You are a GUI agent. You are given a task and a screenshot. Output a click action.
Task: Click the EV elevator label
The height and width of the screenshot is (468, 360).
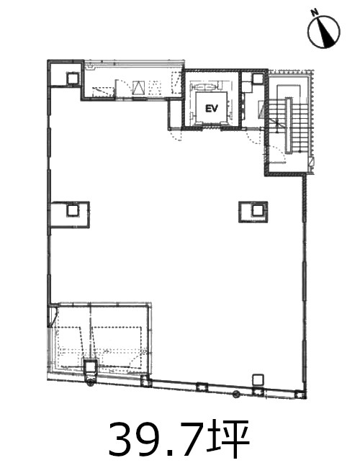(x=212, y=109)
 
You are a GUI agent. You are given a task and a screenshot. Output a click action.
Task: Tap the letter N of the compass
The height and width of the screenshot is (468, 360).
(x=314, y=12)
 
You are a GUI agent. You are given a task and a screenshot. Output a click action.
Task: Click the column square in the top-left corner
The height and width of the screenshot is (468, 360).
(x=73, y=78)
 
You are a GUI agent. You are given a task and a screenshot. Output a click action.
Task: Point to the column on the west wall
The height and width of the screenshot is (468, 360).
(x=72, y=210)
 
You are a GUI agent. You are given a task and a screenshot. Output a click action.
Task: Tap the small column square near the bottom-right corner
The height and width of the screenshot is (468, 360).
(x=258, y=380)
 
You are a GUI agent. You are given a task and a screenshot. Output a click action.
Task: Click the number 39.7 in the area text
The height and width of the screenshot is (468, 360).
(x=153, y=438)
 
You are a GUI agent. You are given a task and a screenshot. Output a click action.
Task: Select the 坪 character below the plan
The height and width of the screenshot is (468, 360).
(x=227, y=438)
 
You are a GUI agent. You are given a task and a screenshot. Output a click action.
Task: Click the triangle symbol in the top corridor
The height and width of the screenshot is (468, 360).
(x=138, y=88)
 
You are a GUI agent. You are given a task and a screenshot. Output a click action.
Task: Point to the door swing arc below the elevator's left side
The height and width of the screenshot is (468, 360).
(x=177, y=135)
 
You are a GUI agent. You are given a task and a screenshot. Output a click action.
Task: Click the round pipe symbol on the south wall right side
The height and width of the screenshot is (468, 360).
(x=237, y=394)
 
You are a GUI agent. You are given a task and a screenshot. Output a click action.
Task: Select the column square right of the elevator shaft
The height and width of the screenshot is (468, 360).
(x=258, y=78)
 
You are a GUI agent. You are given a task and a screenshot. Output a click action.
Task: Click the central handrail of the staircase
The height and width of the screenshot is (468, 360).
(x=288, y=125)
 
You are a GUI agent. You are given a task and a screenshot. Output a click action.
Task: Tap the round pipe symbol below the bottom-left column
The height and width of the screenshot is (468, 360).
(x=90, y=384)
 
